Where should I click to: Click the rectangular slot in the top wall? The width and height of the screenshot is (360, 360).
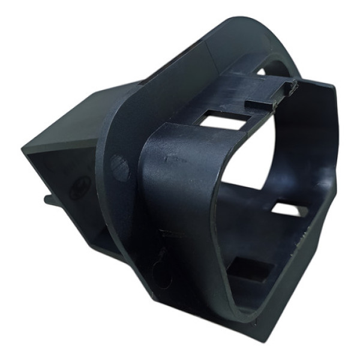223,121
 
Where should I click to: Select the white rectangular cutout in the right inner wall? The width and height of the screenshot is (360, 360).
289,210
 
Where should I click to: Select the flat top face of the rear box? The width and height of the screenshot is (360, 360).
72,117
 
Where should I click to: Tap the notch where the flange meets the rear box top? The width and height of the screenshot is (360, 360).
123,87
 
